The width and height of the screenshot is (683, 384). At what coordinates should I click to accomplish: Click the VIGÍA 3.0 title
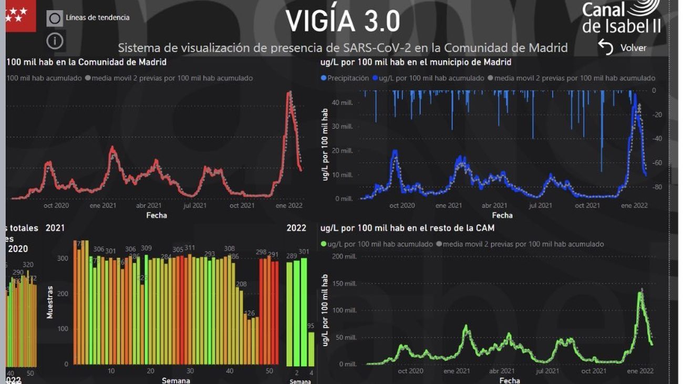tap(343, 22)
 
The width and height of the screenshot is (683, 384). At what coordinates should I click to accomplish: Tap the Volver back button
tap(623, 48)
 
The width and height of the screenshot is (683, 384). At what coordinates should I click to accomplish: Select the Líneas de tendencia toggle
tap(55, 18)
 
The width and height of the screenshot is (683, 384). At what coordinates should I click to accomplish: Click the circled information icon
tap(55, 40)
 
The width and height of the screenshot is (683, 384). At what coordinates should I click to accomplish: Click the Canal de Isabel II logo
tap(621, 17)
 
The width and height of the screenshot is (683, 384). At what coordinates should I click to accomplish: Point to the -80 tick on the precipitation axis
tap(657, 187)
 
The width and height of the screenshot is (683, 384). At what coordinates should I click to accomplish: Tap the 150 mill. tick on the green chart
tap(344, 284)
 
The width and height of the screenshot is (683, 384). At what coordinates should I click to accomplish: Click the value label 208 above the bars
tap(241, 284)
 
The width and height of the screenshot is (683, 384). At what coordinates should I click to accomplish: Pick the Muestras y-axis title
tap(50, 302)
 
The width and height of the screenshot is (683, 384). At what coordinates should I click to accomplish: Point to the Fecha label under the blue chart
tap(502, 215)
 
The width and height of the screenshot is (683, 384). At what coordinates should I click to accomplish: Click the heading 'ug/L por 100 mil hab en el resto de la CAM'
tap(407, 228)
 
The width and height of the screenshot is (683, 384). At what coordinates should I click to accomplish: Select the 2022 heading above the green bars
tap(296, 228)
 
